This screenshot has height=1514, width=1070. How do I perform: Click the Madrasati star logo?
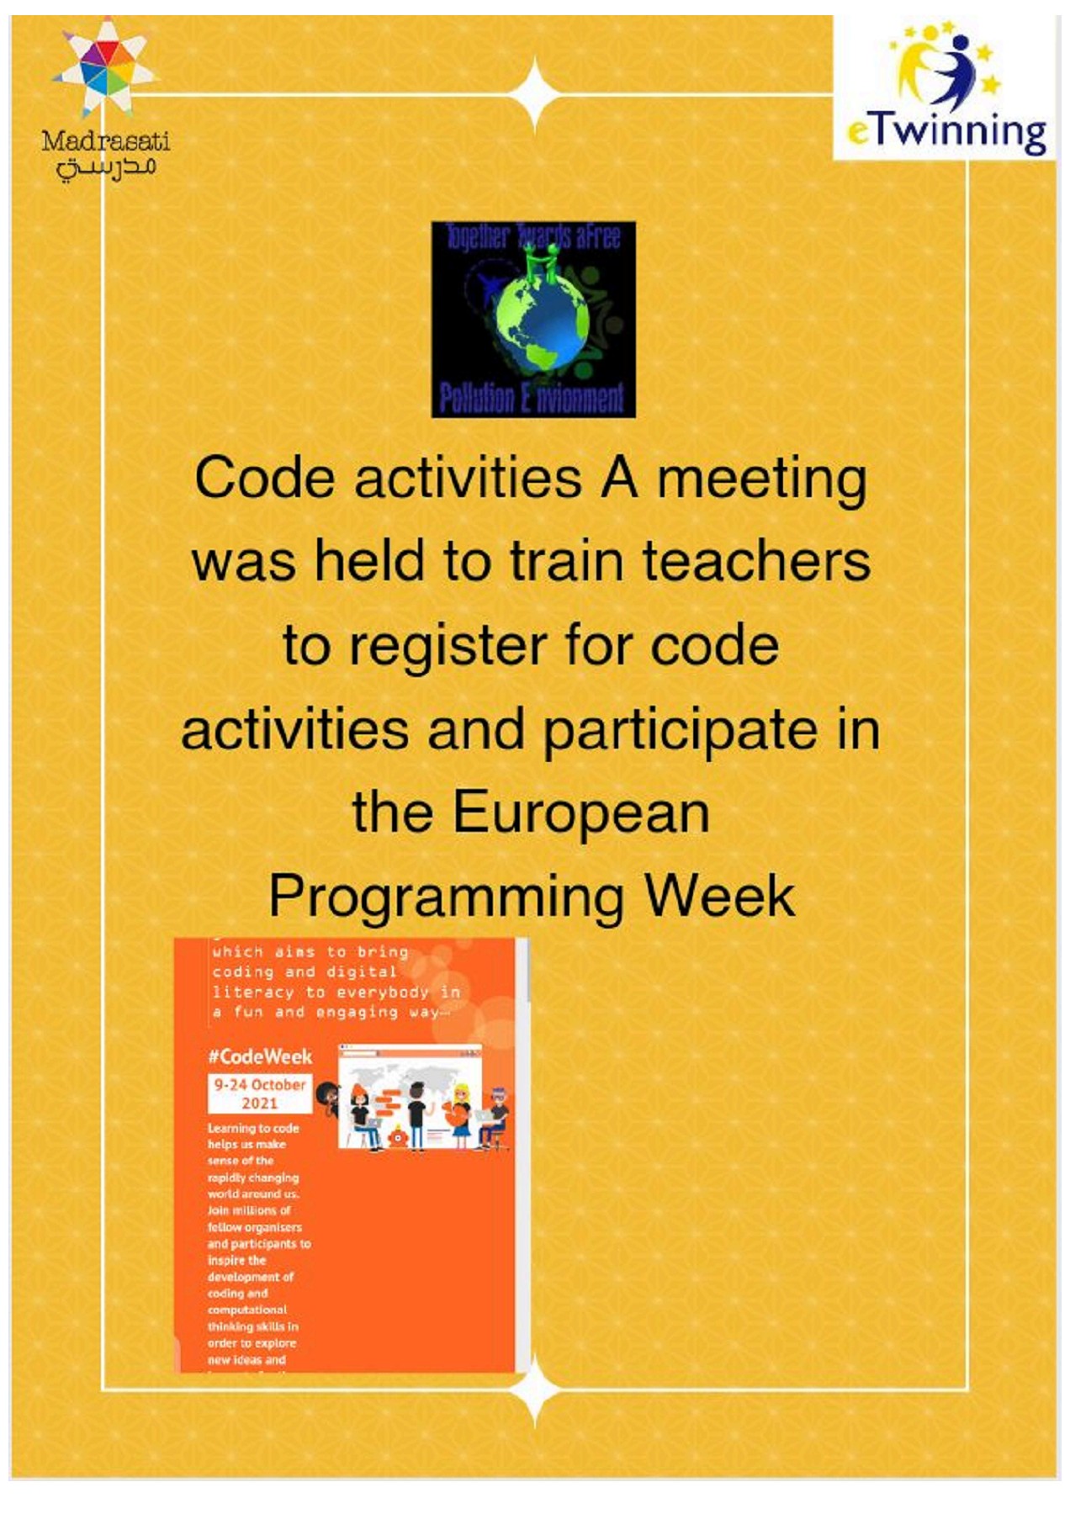point(106,67)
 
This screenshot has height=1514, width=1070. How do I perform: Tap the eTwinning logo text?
point(947,133)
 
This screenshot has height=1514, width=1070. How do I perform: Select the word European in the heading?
point(581,813)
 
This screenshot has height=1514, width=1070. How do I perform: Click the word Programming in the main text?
point(447,897)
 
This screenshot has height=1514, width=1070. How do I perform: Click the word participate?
point(681,729)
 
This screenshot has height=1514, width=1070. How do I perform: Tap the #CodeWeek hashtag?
point(260,1056)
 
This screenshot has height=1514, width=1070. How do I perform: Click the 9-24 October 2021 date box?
point(260,1093)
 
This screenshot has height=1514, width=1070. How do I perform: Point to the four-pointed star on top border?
point(535,94)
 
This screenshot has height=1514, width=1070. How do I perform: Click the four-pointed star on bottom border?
point(535,1389)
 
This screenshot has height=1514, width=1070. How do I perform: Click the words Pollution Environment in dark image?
point(532,398)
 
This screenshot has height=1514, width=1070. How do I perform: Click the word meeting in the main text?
point(761,478)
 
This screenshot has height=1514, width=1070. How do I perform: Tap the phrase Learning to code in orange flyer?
point(253,1128)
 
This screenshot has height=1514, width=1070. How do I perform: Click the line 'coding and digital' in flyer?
point(304,971)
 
